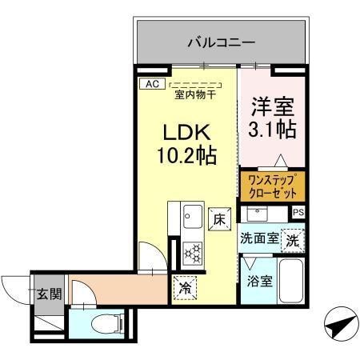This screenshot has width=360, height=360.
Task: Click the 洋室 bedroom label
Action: (274, 104)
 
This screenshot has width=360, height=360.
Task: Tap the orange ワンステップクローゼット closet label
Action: (272, 187)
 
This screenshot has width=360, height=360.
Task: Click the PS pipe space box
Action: (298, 212)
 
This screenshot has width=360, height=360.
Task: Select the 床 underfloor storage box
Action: (218, 218)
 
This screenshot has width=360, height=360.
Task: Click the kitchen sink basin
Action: (192, 215)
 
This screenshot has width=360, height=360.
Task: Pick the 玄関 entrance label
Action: (42, 293)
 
